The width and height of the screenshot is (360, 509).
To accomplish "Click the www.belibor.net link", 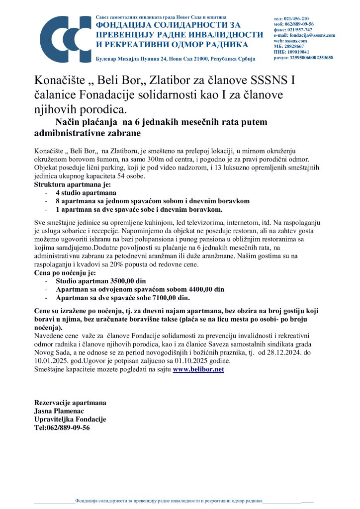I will [x=198, y=369].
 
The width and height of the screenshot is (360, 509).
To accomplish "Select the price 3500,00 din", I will [x=124, y=281].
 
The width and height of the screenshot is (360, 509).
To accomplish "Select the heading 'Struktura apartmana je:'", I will [x=69, y=184].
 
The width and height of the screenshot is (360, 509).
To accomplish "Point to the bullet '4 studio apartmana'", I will [x=86, y=193].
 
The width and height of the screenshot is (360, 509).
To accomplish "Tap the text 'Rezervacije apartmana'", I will [x=70, y=402].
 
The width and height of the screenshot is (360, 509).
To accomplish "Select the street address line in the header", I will [x=175, y=59].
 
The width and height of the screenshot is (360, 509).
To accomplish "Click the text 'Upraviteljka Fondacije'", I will [x=70, y=419].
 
